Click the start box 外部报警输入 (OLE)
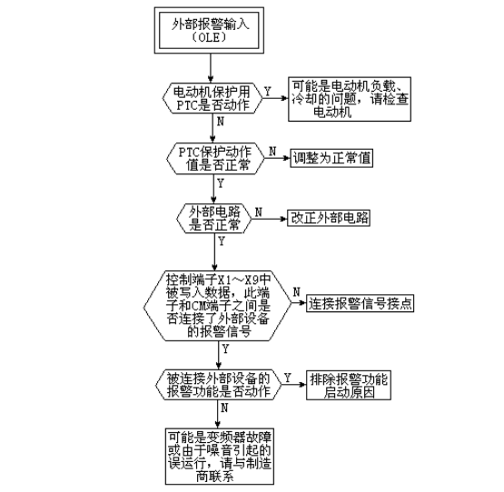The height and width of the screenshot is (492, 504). tap(209, 30)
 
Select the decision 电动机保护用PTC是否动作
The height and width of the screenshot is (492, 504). tap(212, 98)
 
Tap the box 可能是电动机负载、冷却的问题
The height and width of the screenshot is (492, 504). tap(350, 99)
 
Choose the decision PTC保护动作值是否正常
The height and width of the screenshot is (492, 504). tap(215, 159)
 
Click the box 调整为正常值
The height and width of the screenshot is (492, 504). tap(331, 158)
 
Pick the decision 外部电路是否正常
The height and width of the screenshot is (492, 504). tap(214, 218)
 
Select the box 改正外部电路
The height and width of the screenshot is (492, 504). tap(329, 218)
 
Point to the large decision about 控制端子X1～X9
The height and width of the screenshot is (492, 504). tap(217, 306)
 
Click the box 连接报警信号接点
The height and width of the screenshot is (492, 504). tap(360, 303)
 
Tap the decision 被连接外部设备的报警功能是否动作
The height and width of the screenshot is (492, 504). tap(219, 385)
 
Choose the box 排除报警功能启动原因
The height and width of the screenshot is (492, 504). tap(349, 385)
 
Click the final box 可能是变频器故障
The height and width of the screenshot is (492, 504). tap(220, 456)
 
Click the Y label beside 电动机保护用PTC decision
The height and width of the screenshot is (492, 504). tap(267, 92)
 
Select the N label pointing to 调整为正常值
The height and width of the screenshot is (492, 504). tap(272, 151)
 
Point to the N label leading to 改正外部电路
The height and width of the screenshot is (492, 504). tap(259, 212)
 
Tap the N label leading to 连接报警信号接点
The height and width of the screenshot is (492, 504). tap(297, 291)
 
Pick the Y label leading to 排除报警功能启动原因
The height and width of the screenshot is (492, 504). tap(287, 378)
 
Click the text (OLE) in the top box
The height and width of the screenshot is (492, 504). tap(209, 37)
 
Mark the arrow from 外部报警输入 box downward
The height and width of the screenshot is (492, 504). tap(211, 68)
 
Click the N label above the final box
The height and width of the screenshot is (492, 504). tap(224, 408)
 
